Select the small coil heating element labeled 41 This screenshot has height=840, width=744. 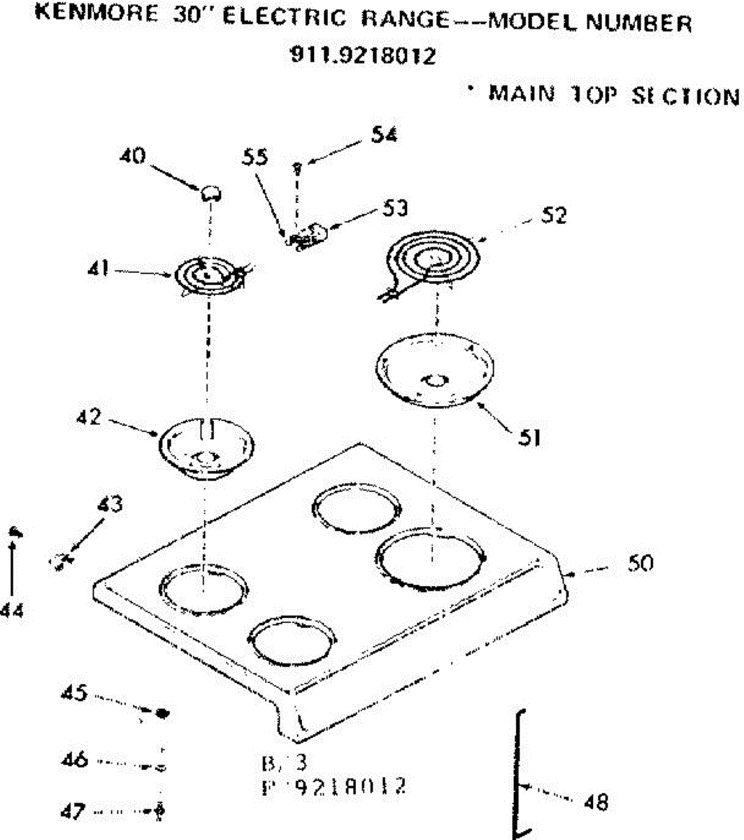[207, 276]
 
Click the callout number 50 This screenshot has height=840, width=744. [639, 563]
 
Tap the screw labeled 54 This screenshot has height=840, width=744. [299, 167]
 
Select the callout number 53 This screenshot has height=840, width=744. [394, 209]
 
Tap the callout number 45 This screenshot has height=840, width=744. [73, 693]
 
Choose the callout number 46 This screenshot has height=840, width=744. [73, 759]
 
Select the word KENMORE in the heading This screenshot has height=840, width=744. [96, 15]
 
